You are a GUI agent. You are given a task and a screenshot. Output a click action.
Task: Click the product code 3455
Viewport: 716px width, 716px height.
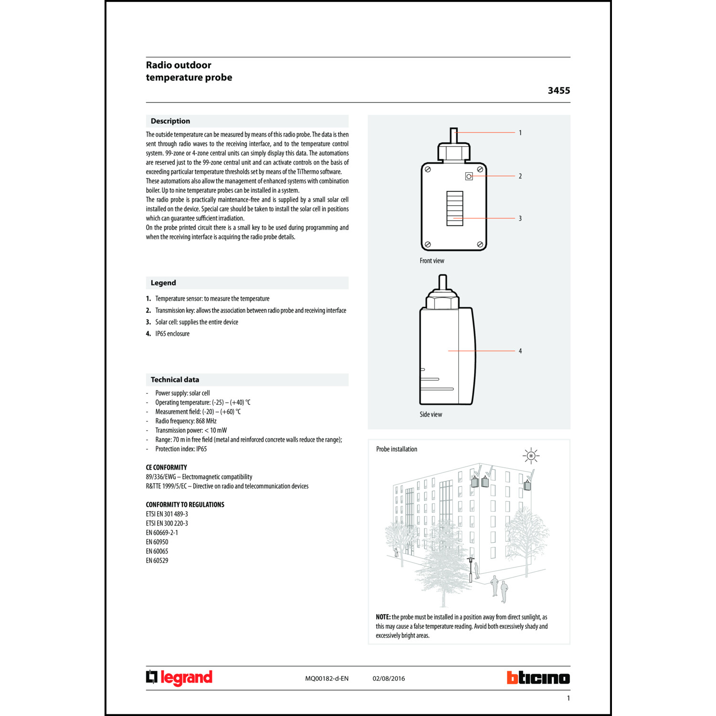pyautogui.click(x=558, y=91)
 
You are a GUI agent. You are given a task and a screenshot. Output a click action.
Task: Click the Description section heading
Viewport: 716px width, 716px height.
pyautogui.click(x=170, y=121)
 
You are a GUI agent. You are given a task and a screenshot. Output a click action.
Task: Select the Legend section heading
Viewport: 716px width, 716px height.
pyautogui.click(x=163, y=283)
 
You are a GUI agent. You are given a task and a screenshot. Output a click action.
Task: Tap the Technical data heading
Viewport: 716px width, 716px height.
pyautogui.click(x=175, y=380)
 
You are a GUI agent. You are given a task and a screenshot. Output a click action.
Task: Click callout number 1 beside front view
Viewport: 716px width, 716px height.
pyautogui.click(x=520, y=133)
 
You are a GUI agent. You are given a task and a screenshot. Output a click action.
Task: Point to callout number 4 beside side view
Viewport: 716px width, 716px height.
pyautogui.click(x=520, y=351)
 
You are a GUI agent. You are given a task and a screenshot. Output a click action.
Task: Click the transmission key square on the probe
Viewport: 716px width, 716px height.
pyautogui.click(x=469, y=176)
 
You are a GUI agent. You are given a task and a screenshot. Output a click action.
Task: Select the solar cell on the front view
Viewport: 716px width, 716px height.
pyautogui.click(x=454, y=208)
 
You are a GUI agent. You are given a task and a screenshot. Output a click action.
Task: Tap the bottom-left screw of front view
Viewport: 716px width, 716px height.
pyautogui.click(x=428, y=244)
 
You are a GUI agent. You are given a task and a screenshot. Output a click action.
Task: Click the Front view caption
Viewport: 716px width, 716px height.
pyautogui.click(x=432, y=261)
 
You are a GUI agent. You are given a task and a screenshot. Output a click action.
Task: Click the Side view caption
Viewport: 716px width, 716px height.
pyautogui.click(x=431, y=414)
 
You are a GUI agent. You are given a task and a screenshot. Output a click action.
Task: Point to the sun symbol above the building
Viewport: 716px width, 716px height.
pyautogui.click(x=531, y=455)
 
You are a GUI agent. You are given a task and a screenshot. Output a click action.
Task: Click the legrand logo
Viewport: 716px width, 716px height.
pyautogui.click(x=179, y=678)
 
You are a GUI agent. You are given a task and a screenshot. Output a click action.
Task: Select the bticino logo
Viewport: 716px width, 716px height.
pyautogui.click(x=538, y=678)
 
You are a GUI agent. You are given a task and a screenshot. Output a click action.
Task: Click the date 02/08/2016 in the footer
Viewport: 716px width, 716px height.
pyautogui.click(x=389, y=678)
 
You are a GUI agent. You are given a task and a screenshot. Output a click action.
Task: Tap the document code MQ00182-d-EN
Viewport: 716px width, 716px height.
pyautogui.click(x=326, y=678)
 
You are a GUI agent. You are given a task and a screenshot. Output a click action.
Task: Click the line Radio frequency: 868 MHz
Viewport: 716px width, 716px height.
pyautogui.click(x=186, y=421)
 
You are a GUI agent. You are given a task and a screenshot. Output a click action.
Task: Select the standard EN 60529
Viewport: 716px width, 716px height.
pyautogui.click(x=157, y=560)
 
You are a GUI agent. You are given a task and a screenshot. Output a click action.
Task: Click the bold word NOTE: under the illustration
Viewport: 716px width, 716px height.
pyautogui.click(x=383, y=617)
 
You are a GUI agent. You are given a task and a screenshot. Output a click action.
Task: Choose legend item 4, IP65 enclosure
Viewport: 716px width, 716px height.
pyautogui.click(x=172, y=334)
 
